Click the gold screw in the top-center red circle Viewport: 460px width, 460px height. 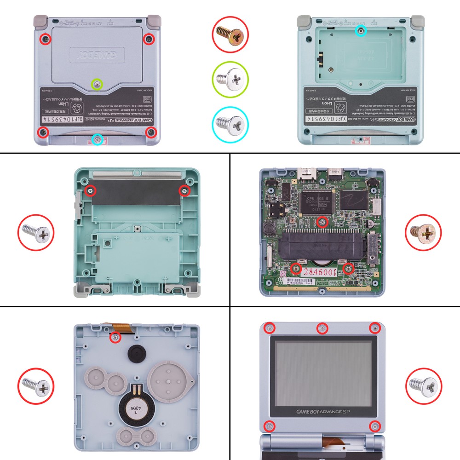[230, 34]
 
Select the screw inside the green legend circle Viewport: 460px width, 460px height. [230, 80]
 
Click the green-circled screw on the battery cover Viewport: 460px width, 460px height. [97, 84]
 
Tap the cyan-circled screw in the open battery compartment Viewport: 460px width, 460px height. [362, 31]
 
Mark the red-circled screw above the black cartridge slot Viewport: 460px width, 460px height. [322, 223]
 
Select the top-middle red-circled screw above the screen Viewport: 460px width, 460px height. [322, 328]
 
